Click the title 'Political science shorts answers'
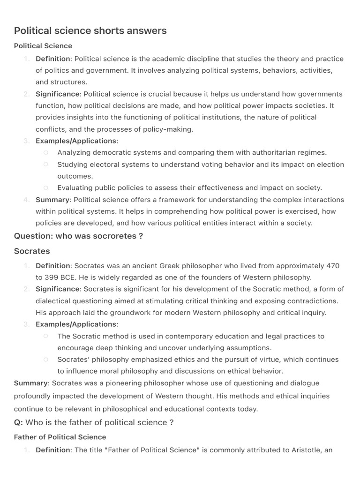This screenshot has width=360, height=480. pyautogui.click(x=90, y=31)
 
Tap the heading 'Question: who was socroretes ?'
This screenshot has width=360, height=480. pyautogui.click(x=78, y=236)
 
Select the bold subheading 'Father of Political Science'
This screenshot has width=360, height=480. pyautogui.click(x=60, y=437)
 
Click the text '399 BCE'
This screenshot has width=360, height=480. pyautogui.click(x=58, y=277)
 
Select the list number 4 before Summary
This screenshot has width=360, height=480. pyautogui.click(x=26, y=200)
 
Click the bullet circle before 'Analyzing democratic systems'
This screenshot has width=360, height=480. pyautogui.click(x=45, y=152)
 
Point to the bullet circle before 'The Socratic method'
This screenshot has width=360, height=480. pyautogui.click(x=45, y=336)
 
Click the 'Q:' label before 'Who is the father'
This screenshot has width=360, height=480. pyautogui.click(x=18, y=422)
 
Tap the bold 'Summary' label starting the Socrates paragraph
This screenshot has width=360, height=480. pyautogui.click(x=31, y=383)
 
